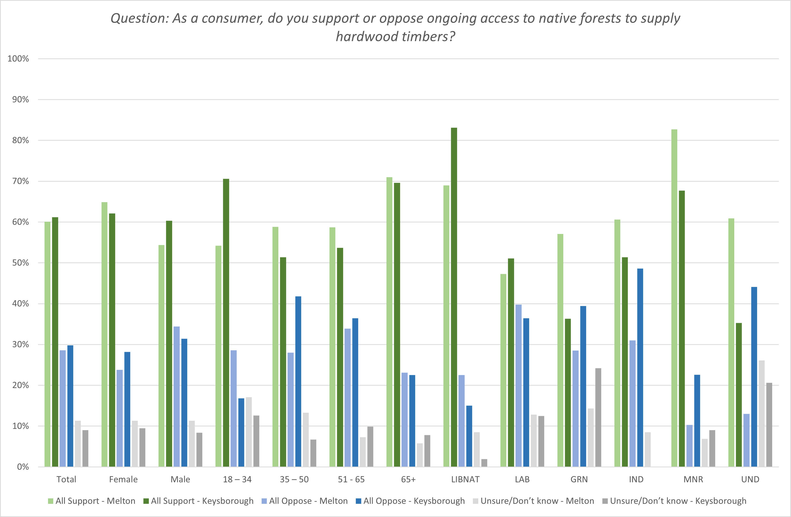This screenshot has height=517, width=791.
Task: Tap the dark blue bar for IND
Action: click(640, 367)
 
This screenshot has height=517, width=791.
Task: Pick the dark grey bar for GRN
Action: click(598, 417)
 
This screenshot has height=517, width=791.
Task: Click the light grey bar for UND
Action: click(762, 413)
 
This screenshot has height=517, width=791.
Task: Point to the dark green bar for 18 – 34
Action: click(226, 322)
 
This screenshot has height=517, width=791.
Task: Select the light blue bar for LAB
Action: click(519, 386)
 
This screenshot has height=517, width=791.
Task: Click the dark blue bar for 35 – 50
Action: click(298, 381)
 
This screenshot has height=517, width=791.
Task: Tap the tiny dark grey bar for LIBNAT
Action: click(484, 463)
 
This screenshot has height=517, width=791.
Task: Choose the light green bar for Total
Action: click(48, 344)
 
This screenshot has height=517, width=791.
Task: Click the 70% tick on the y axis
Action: click(21, 181)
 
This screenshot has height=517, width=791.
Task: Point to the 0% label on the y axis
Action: click(23, 467)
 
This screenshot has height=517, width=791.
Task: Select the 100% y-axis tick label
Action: click(18, 59)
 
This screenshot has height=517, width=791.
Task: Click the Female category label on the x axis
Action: click(123, 479)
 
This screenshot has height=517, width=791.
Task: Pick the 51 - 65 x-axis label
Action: click(351, 479)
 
